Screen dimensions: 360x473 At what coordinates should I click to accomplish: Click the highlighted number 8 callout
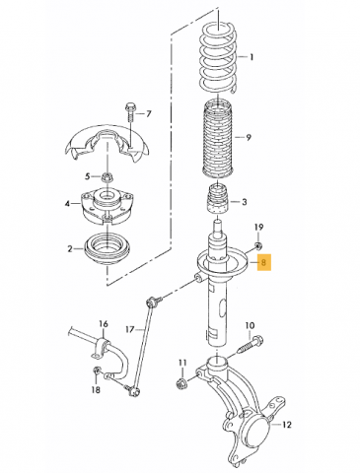(263, 262)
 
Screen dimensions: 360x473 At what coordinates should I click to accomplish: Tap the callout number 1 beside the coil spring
(252, 57)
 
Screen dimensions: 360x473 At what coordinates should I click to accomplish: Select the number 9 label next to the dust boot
(249, 137)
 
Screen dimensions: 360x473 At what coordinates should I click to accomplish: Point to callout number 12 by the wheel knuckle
(286, 425)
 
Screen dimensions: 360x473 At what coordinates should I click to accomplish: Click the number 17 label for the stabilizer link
(130, 329)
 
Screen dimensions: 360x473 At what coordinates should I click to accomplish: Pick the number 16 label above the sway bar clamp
(104, 324)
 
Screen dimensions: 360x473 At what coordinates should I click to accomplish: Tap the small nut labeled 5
(107, 177)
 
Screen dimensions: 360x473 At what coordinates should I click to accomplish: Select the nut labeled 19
(258, 244)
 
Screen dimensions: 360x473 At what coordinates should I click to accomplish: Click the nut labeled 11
(181, 383)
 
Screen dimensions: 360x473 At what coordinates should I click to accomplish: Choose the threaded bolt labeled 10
(250, 346)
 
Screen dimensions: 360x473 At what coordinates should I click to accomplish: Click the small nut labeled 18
(97, 371)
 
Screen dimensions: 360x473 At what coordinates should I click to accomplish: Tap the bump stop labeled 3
(217, 199)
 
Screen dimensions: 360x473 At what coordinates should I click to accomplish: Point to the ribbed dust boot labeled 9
(218, 140)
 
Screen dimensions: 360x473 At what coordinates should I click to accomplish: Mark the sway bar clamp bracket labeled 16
(102, 348)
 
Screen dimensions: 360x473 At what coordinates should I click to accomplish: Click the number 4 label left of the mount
(67, 204)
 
